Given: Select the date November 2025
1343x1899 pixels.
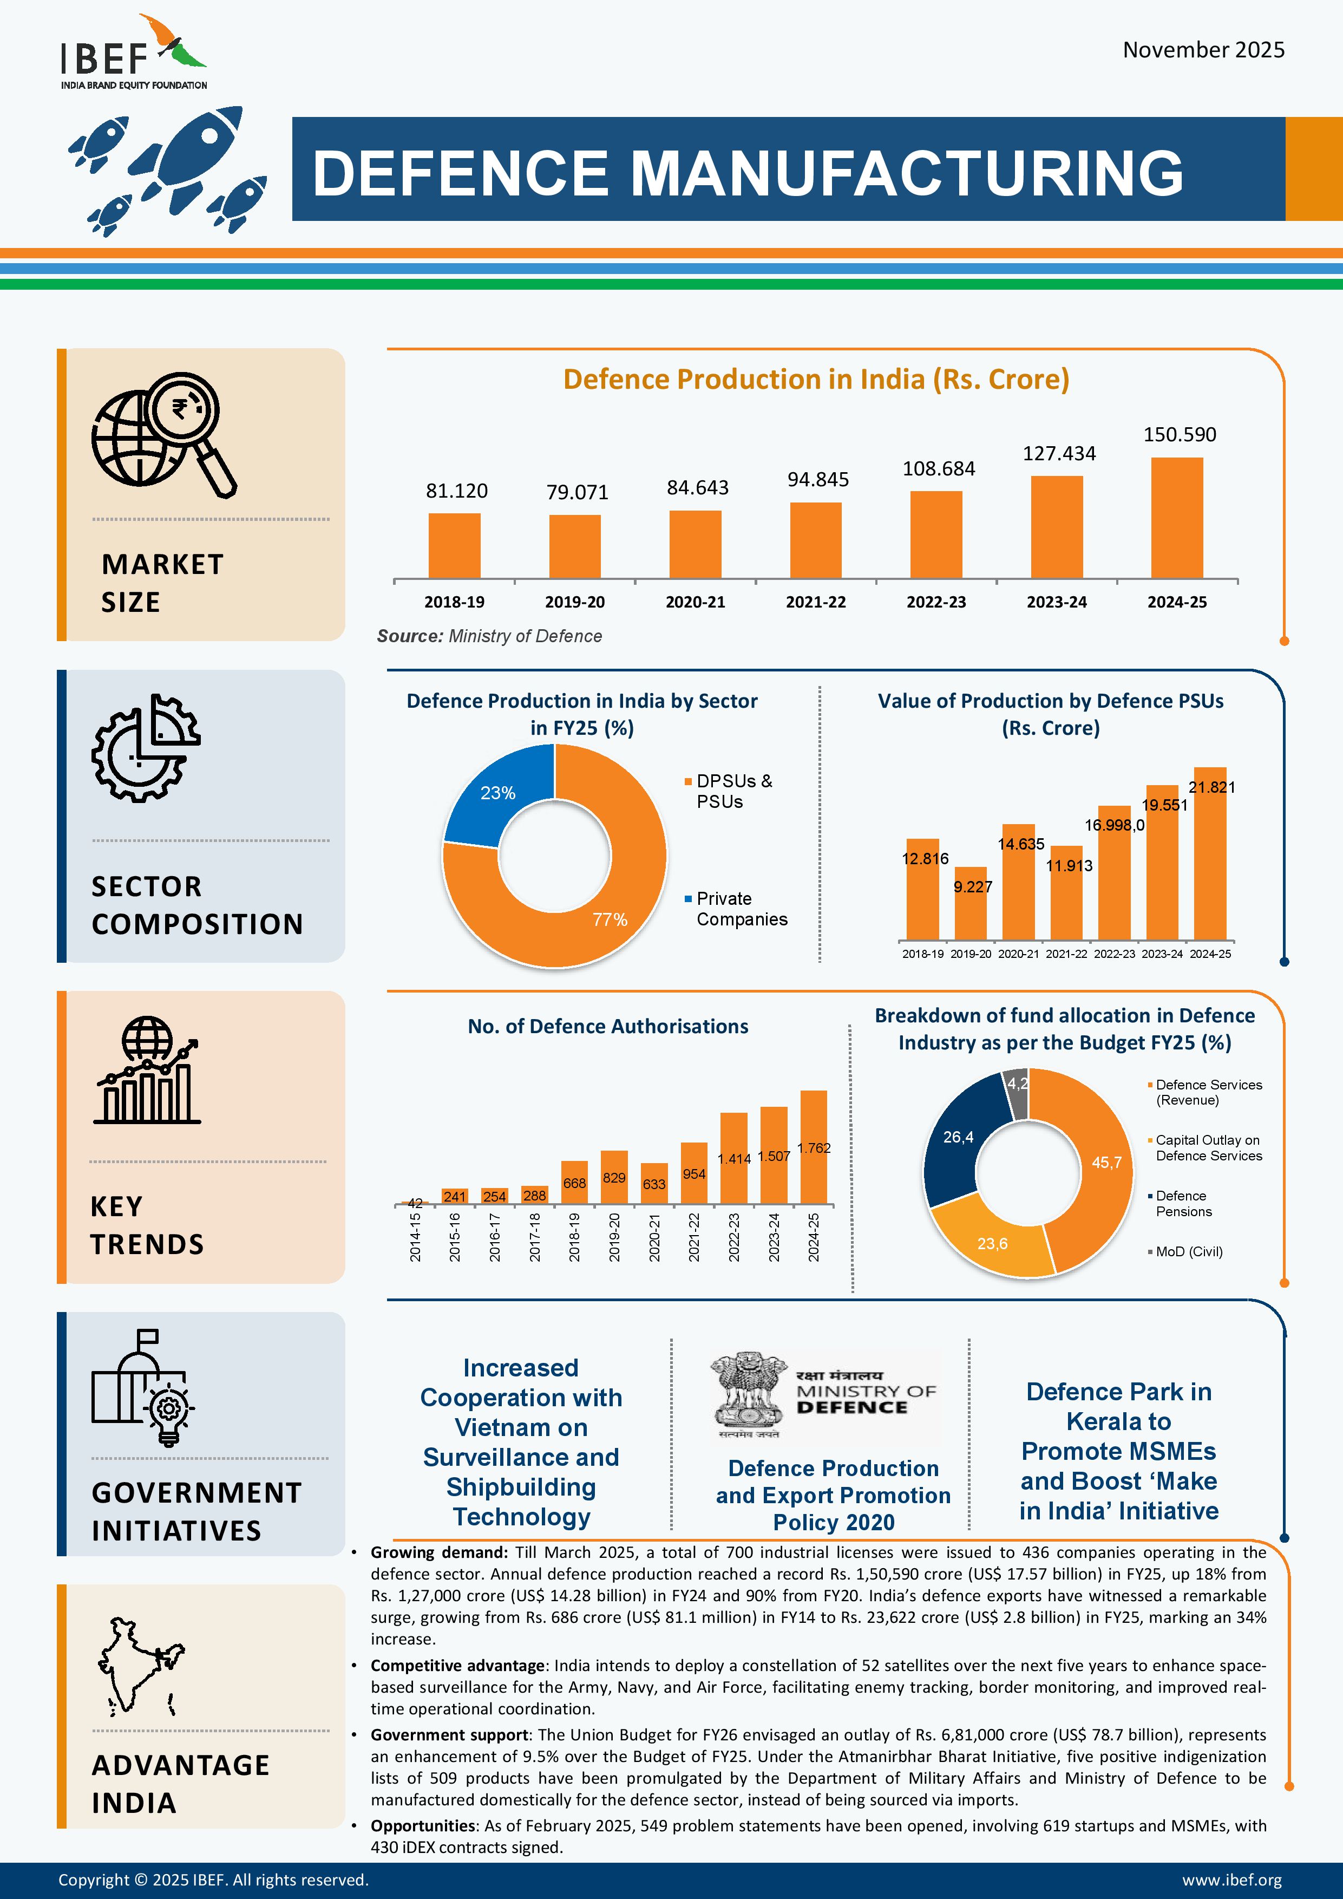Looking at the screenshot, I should tap(1203, 50).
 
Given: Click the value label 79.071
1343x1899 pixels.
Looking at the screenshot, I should tap(577, 493).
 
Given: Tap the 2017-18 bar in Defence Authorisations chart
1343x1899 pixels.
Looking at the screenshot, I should tap(534, 1195).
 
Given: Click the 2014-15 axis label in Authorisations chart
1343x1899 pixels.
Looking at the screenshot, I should tap(415, 1237).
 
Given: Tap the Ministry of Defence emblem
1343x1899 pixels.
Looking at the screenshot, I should tap(749, 1394).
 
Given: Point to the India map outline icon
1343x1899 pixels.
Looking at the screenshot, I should tap(141, 1667).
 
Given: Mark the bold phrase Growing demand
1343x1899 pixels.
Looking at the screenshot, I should tap(438, 1552).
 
